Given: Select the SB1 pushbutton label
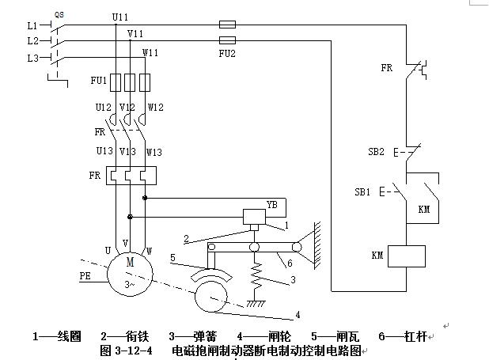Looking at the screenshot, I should [x=365, y=191].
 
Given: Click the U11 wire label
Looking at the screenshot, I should [x=120, y=16].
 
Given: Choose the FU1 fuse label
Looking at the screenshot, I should [x=98, y=81].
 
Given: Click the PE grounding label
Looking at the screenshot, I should [x=86, y=276].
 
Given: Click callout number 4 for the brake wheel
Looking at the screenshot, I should [x=298, y=315].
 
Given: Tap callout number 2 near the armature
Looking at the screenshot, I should [x=188, y=237].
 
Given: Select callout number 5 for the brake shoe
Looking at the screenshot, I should [x=172, y=257].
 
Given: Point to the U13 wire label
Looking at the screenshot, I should [x=104, y=151].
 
